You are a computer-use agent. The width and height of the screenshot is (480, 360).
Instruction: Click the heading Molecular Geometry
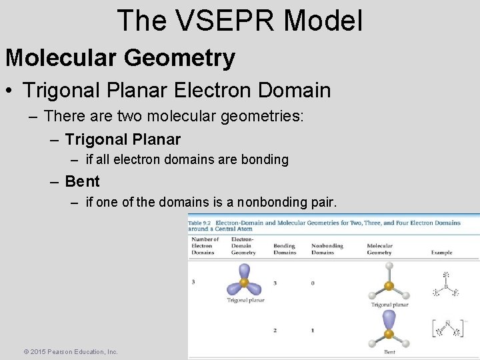coord(120,58)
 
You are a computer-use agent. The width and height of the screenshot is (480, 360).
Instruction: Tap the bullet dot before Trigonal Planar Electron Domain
coord(11,90)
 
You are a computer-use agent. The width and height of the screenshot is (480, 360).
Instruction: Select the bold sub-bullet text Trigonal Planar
coord(123,139)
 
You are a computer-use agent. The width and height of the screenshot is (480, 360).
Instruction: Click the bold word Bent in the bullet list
coord(83,181)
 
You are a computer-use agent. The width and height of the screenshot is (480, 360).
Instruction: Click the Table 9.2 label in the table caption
coord(201,223)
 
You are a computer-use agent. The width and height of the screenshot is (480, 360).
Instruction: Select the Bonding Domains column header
coord(285,249)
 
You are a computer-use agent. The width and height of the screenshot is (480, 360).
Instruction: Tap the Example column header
coord(441,253)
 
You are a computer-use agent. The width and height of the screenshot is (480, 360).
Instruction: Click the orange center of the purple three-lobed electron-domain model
coord(244,282)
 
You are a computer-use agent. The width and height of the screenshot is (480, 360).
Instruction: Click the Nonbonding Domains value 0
coord(313,283)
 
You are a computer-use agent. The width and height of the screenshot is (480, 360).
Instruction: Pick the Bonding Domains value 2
coord(275,331)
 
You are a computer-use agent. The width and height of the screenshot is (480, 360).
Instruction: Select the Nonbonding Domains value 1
coord(313,331)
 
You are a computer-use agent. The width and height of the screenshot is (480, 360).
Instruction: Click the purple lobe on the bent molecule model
coord(389,321)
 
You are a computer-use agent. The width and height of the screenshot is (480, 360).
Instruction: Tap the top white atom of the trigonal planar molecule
coord(389,265)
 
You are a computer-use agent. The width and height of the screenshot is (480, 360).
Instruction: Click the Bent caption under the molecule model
coord(389,352)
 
